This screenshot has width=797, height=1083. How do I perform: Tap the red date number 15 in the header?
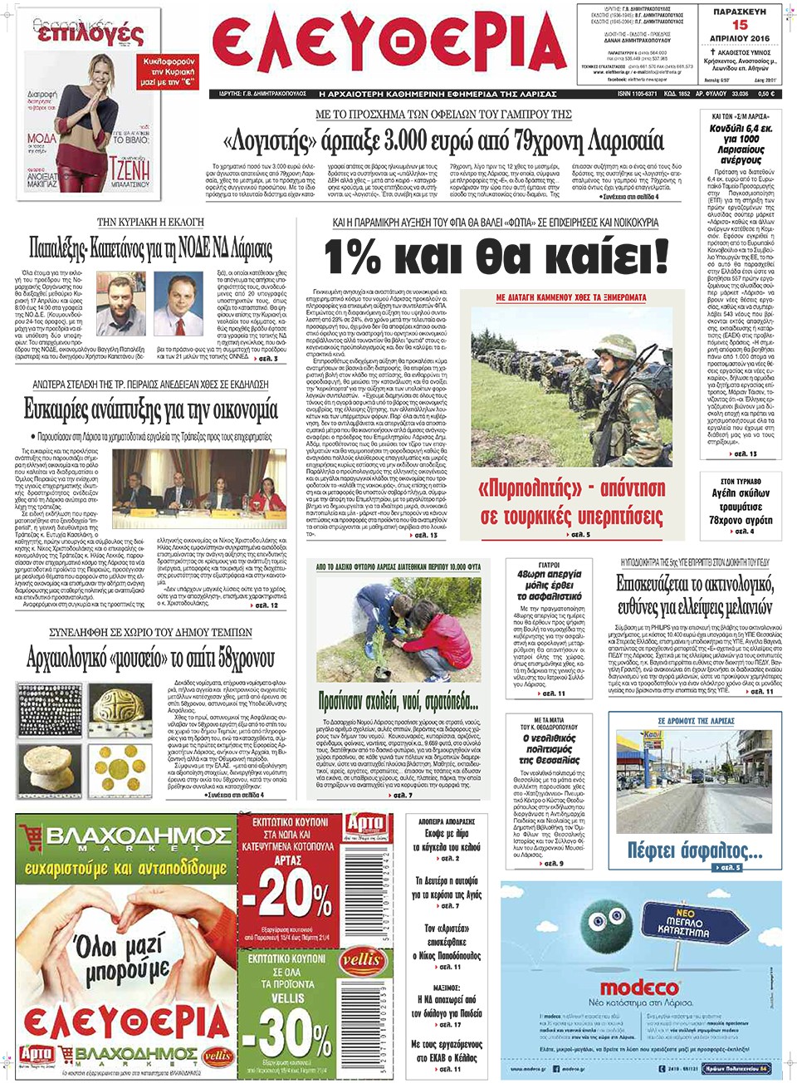739,25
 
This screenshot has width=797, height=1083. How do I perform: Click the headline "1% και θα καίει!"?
496,257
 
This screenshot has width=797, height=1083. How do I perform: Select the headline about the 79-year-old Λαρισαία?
443,140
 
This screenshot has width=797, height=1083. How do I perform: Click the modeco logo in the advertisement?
639,987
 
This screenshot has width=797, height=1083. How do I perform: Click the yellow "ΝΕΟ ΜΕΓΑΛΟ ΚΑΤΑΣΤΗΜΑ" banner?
683,921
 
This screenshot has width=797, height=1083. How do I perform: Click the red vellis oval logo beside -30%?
361,960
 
